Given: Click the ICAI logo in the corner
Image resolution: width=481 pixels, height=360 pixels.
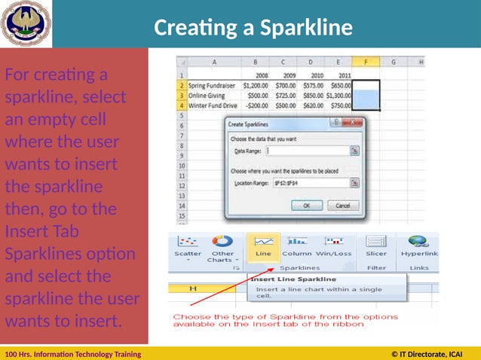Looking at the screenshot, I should pyautogui.click(x=26, y=24).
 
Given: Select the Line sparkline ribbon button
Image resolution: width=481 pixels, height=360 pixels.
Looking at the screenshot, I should pyautogui.click(x=263, y=246).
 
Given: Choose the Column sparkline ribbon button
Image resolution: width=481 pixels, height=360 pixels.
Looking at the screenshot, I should pyautogui.click(x=296, y=246).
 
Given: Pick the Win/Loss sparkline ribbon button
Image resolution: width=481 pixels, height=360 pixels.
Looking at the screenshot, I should pyautogui.click(x=333, y=246).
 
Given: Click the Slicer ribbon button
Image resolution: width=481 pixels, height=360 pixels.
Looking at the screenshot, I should pyautogui.click(x=375, y=246).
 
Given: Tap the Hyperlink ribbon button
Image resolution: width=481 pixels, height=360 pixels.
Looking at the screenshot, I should pyautogui.click(x=419, y=246).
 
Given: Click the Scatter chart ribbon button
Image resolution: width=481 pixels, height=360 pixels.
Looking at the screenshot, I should pyautogui.click(x=188, y=246).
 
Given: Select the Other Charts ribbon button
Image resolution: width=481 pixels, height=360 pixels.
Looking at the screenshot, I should pyautogui.click(x=222, y=248).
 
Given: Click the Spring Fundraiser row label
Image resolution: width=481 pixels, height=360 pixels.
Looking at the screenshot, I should pyautogui.click(x=213, y=86).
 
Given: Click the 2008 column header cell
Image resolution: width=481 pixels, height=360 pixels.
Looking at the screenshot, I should pyautogui.click(x=261, y=76).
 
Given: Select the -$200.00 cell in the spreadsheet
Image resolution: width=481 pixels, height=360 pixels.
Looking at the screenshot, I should pyautogui.click(x=256, y=106).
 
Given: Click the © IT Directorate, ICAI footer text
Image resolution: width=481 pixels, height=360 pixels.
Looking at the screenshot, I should pyautogui.click(x=427, y=353).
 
